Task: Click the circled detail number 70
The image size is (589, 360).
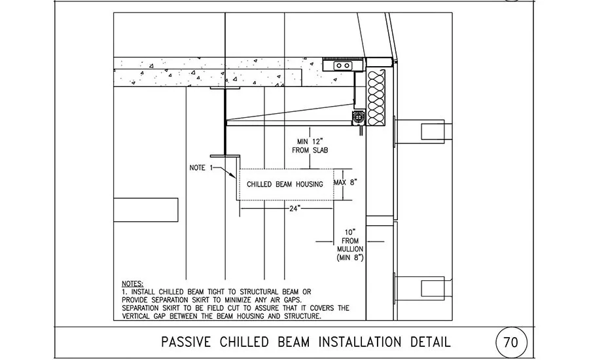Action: point(511,342)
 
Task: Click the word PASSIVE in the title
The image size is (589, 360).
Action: point(186,342)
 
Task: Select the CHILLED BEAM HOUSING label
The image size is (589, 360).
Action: point(285,184)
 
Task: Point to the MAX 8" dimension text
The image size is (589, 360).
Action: point(345,182)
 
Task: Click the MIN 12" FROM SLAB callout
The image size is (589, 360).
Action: point(310,146)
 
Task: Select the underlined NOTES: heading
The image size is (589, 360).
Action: point(133,283)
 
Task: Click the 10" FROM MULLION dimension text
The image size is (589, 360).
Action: point(350,240)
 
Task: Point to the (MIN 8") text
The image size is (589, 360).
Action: point(350,257)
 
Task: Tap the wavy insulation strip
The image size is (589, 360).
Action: point(376,98)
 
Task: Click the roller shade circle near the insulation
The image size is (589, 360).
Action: point(359,117)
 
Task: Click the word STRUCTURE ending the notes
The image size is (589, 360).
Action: point(302,316)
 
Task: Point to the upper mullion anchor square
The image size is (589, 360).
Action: point(433,131)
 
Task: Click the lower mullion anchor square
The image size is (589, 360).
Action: point(433,288)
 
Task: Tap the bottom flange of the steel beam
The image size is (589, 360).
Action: point(224,156)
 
